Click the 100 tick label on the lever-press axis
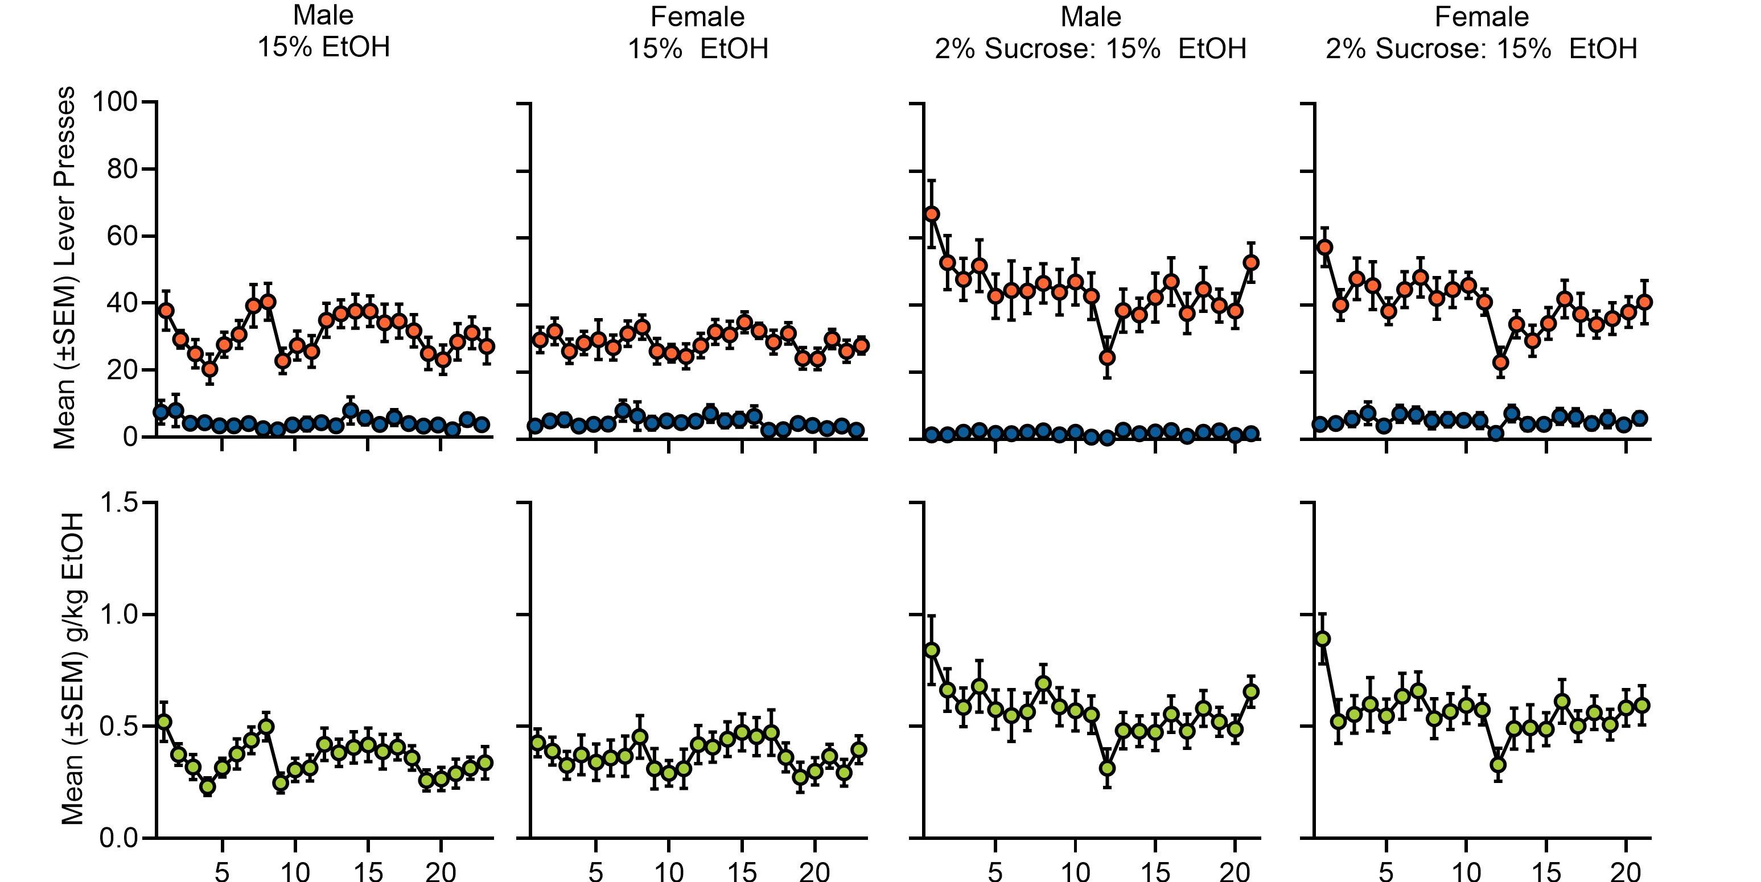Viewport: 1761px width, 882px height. tap(115, 102)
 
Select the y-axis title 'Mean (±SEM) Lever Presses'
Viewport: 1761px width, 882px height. tap(64, 268)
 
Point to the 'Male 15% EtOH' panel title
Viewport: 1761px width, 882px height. tap(323, 31)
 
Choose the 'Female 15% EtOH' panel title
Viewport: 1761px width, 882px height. tap(697, 33)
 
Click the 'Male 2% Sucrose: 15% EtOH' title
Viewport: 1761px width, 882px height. tap(1091, 33)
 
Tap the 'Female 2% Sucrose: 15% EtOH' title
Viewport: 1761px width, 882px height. tap(1482, 33)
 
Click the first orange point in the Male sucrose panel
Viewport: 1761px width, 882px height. tap(931, 214)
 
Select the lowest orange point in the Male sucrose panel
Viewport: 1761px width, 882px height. tap(1107, 357)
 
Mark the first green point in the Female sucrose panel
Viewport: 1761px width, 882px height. tap(1323, 638)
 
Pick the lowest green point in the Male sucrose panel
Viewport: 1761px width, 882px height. tap(1107, 768)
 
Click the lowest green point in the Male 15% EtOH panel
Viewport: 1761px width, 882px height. tap(207, 786)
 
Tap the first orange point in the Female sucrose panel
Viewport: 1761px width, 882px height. tap(1324, 247)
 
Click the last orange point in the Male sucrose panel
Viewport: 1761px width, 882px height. tap(1251, 262)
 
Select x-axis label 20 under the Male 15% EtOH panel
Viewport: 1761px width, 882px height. tap(441, 871)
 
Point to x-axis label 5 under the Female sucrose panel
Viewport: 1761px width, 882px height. tap(1386, 871)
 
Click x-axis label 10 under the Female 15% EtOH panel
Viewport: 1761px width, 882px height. tap(668, 871)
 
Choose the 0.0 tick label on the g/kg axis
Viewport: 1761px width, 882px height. tap(120, 838)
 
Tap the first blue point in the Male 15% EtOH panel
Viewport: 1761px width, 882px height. tap(161, 411)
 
